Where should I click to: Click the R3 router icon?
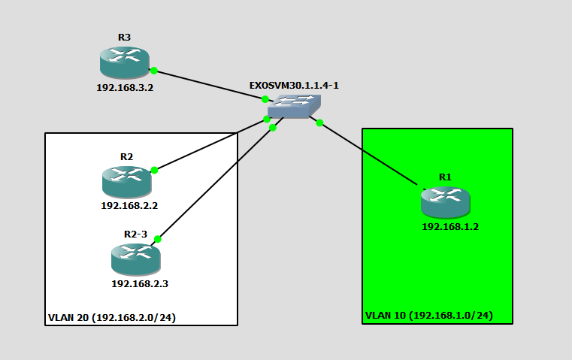point(124,62)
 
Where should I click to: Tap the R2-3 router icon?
point(135,259)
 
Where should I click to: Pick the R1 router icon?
point(445,202)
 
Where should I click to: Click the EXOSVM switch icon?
point(294,106)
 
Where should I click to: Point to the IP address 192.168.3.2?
point(125,87)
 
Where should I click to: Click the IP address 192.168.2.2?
point(129,204)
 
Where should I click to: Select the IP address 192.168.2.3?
point(140,283)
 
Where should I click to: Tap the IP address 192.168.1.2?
point(449,226)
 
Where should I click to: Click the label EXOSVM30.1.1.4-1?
point(294,86)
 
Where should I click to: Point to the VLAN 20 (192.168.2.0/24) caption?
point(112,317)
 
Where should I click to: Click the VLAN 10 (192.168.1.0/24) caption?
point(429,316)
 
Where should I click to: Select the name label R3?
point(124,37)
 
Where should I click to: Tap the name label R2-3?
point(136,234)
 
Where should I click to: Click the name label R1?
point(445,177)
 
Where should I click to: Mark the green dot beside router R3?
point(153,71)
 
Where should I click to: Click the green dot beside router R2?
point(154,170)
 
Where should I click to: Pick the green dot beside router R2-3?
point(157,239)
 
